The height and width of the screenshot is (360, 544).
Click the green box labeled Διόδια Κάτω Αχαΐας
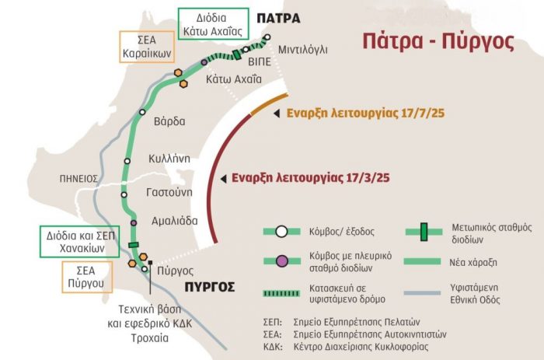pos(213,24)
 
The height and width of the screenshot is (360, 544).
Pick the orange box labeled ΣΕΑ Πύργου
pos(86,276)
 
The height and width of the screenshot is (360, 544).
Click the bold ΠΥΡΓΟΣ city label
pos(210,287)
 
